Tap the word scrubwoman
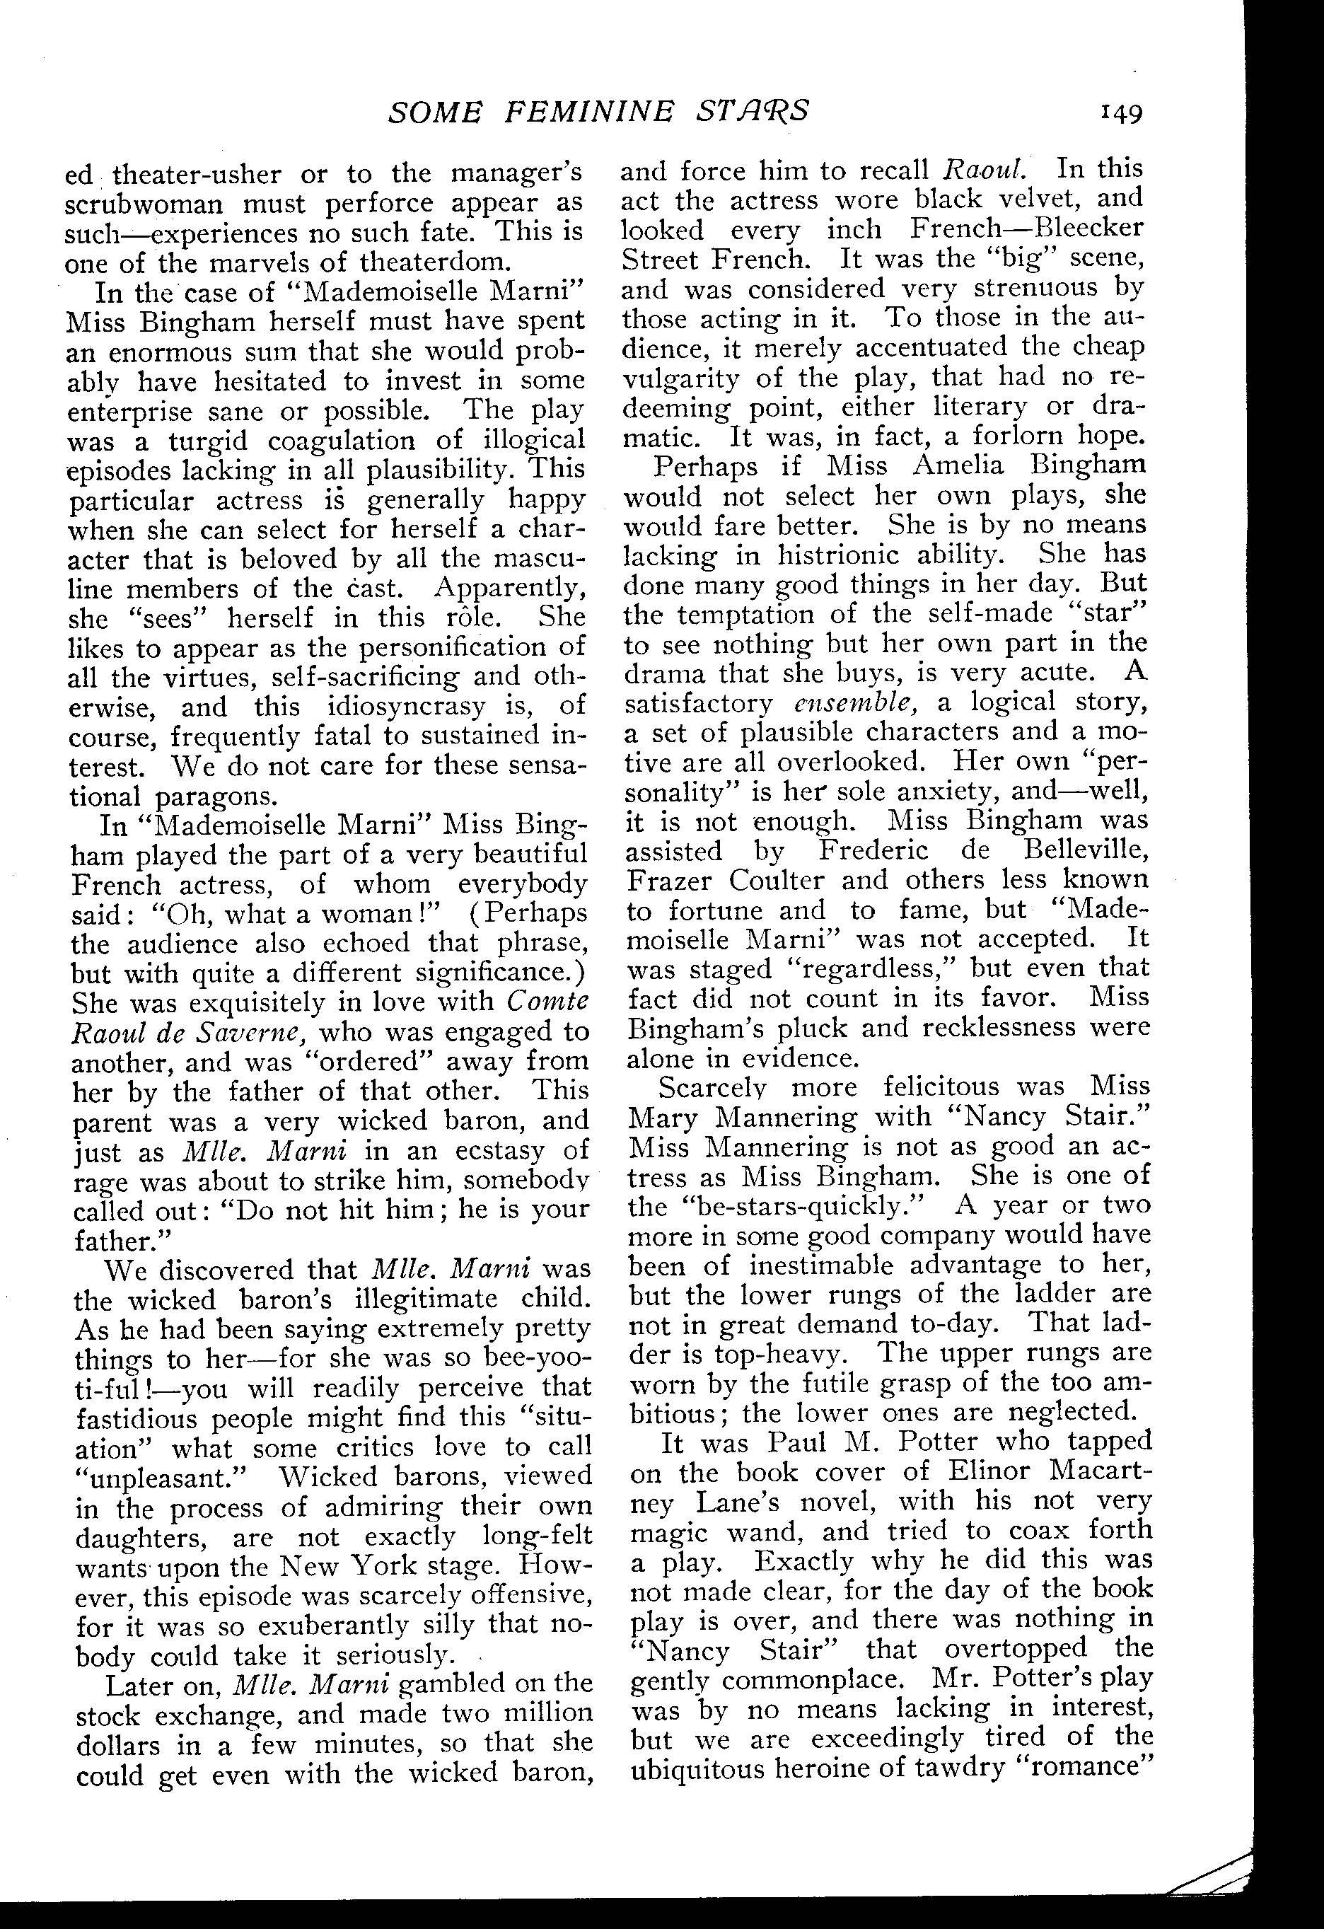143,204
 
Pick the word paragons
216,796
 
